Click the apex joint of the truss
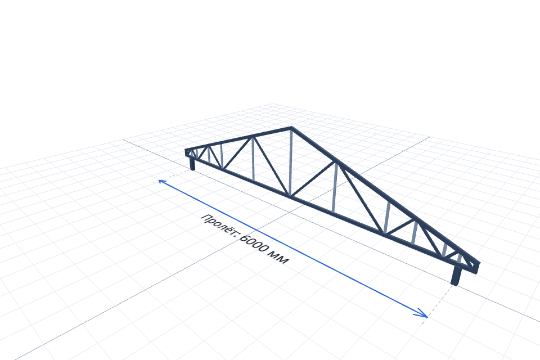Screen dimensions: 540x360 point(291,128)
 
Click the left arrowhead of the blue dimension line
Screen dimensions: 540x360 point(161,181)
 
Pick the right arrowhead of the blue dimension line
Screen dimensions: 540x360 point(422,313)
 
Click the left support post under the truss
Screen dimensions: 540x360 point(192,163)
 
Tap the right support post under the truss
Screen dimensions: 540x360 point(456,275)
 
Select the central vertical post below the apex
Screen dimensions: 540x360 point(291,163)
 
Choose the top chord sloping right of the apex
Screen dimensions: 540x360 point(385,195)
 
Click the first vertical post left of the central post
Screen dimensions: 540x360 point(253,159)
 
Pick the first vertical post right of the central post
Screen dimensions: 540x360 point(334,188)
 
